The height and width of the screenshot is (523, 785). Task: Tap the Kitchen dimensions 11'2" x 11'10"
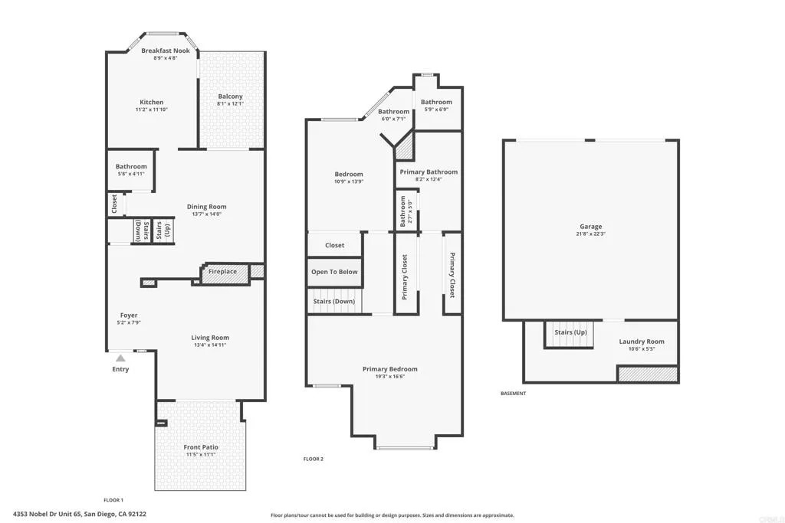tap(151, 110)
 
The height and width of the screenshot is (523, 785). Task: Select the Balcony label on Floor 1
tap(230, 96)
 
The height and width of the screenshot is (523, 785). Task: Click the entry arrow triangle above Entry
tap(120, 357)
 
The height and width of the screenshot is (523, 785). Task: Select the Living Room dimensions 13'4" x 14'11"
tap(209, 345)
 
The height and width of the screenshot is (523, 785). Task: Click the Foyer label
tap(128, 315)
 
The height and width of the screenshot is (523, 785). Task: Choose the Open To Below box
tap(333, 272)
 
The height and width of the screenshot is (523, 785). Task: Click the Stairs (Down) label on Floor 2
tap(333, 302)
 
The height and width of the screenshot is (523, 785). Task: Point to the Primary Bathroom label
tap(429, 172)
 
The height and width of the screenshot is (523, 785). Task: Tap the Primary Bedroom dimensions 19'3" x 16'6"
tap(389, 377)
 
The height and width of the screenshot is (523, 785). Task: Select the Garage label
tap(590, 227)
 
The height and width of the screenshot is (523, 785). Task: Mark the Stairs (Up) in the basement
tap(570, 333)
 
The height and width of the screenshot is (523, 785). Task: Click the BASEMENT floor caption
tap(513, 394)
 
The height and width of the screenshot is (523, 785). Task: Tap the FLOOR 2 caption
tap(313, 459)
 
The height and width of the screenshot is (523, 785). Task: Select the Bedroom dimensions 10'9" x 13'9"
tap(349, 182)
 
